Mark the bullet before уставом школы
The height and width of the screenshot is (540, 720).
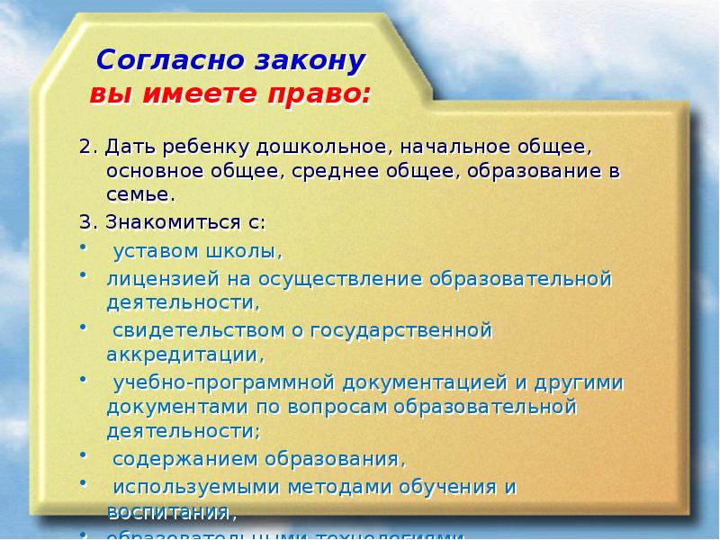click(83, 246)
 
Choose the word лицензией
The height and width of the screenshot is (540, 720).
click(158, 279)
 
